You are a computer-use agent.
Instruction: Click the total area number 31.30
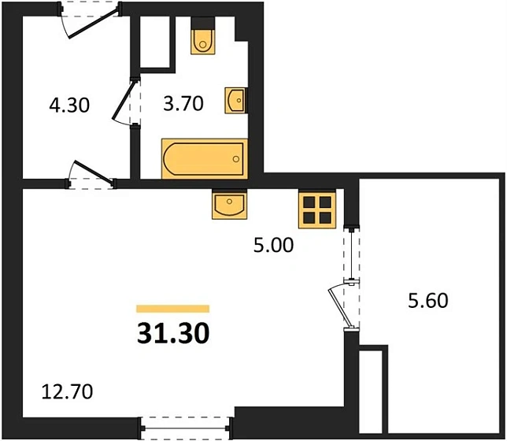pyautogui.click(x=173, y=334)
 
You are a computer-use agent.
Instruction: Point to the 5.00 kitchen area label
pyautogui.click(x=273, y=246)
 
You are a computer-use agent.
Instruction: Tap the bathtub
pyautogui.click(x=204, y=158)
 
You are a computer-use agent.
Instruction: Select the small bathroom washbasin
pyautogui.click(x=235, y=101)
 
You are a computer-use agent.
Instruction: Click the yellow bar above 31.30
pyautogui.click(x=173, y=309)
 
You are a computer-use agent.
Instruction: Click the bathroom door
pyautogui.click(x=126, y=102)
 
